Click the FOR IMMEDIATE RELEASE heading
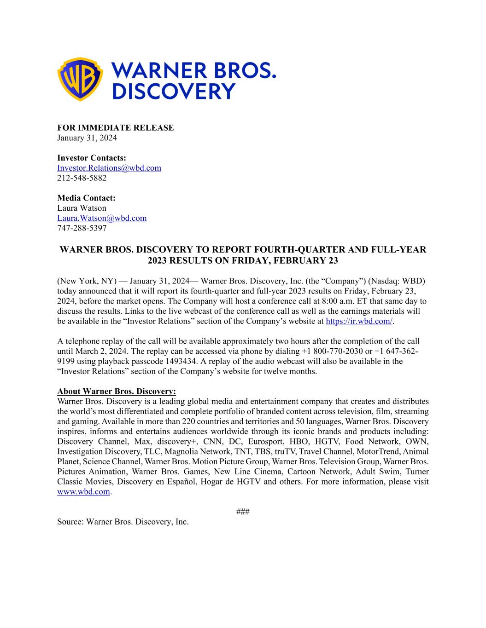click(x=115, y=128)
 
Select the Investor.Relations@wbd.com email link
click(x=109, y=168)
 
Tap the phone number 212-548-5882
click(x=82, y=178)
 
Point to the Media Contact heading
click(x=86, y=198)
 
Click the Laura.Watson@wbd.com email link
click(x=102, y=218)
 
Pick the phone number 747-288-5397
click(x=82, y=228)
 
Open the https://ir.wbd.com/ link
click(x=359, y=321)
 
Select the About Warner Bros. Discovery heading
click(x=117, y=392)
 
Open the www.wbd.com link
click(x=83, y=492)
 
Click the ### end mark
click(x=243, y=512)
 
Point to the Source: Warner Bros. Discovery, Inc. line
click(x=123, y=522)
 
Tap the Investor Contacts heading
click(x=91, y=158)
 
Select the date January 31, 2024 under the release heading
click(x=87, y=138)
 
